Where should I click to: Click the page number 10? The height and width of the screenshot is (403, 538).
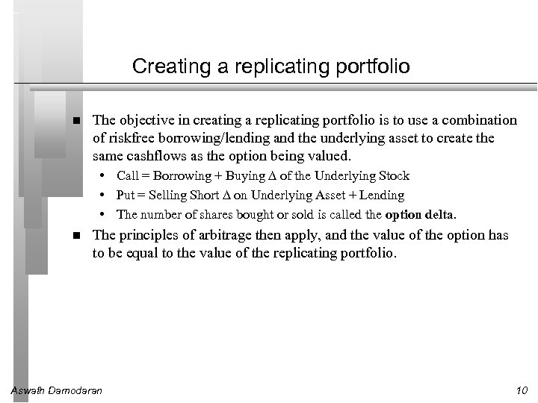tap(522, 391)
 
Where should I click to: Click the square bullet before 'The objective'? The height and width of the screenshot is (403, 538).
tap(77, 121)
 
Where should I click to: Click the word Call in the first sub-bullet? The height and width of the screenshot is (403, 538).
tap(127, 176)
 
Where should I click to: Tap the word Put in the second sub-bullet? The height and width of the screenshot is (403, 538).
tap(126, 196)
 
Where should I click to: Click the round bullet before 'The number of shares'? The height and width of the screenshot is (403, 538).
tap(109, 215)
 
